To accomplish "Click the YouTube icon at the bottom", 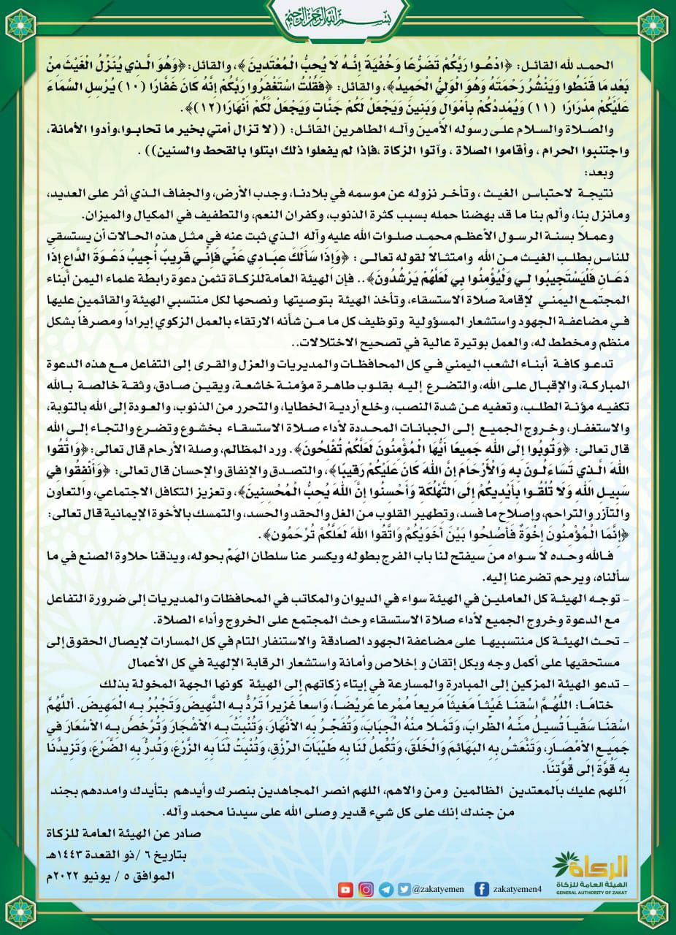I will (x=345, y=889).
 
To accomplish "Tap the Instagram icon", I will (x=366, y=889).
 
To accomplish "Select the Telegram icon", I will (x=385, y=889).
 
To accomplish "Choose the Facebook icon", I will (x=481, y=889).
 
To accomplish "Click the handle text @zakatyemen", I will (x=437, y=890).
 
